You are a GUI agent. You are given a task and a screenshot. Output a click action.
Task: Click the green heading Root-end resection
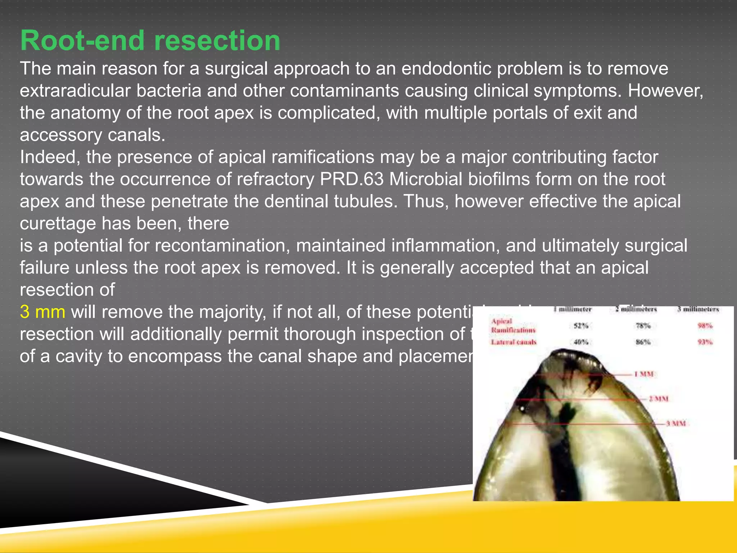(x=150, y=40)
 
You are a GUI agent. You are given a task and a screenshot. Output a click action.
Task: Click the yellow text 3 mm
(x=42, y=312)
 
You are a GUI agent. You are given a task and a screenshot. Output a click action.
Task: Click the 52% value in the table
(x=580, y=326)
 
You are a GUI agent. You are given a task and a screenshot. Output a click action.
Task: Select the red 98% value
(x=705, y=326)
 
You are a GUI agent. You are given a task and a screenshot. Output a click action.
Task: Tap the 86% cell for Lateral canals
(x=643, y=342)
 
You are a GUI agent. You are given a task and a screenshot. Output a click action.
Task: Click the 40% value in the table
(x=580, y=342)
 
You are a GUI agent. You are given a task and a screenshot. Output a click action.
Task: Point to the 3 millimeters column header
(x=698, y=309)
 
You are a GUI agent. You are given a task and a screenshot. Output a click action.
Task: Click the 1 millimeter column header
(x=573, y=309)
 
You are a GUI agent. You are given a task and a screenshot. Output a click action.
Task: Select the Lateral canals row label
(x=514, y=342)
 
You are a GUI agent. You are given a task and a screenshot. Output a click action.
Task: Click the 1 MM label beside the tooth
(x=644, y=374)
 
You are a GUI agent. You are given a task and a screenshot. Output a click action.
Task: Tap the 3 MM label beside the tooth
(x=675, y=424)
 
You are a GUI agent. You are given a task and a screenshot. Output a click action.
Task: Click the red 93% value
(x=705, y=342)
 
